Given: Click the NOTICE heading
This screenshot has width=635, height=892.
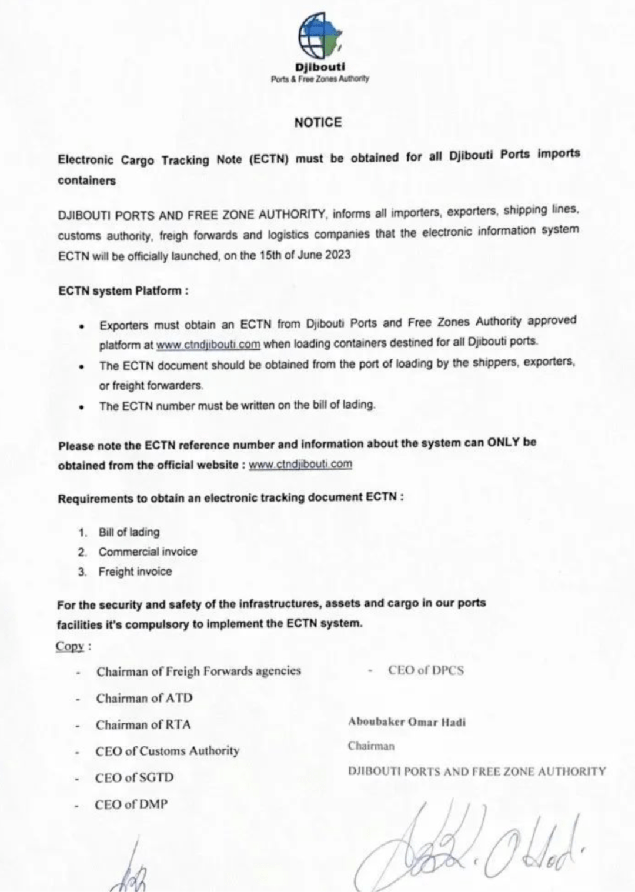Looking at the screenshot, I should coord(317,122).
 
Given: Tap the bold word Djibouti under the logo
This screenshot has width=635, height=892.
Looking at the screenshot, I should coord(320,67).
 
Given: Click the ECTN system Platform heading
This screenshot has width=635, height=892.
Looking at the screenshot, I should coord(123,291).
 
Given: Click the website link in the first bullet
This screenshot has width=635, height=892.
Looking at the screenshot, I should coord(208,344).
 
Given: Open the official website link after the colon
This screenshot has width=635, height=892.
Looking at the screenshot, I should coord(300,464).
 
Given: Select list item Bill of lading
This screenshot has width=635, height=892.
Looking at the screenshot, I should coord(129,532).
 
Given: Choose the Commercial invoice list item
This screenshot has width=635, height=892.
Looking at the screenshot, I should coord(148,552).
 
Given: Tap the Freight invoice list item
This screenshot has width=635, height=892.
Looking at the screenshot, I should coord(135,572).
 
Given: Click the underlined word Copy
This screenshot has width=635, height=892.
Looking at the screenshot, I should coord(70,646).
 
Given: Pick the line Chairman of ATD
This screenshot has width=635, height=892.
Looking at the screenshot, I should coord(144,698).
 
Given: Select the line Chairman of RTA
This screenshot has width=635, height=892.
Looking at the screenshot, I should coord(143,724).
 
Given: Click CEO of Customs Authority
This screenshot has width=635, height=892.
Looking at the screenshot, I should coord(167,751).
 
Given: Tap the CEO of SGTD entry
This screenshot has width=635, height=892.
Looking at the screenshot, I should coord(134,777).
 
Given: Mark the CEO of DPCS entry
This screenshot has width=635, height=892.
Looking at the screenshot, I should coord(426,670).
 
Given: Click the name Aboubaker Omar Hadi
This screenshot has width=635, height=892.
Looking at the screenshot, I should coord(407,721).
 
